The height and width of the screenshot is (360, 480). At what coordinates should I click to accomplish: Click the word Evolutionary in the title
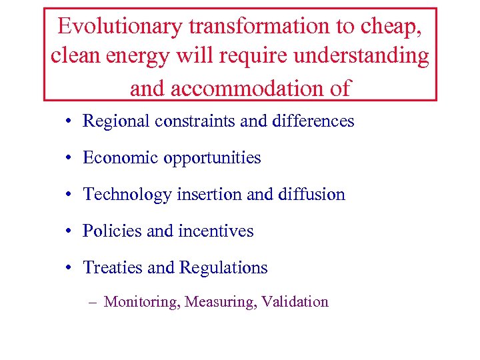tap(120, 26)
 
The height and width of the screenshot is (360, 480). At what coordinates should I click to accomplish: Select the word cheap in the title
tap(394, 26)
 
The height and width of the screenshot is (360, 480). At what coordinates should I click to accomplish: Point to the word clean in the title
tap(77, 56)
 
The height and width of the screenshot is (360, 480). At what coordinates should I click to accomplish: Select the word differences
tap(311, 121)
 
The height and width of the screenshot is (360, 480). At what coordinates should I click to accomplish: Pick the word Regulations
tap(222, 268)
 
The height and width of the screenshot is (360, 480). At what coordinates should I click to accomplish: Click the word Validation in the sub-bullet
tap(295, 302)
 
